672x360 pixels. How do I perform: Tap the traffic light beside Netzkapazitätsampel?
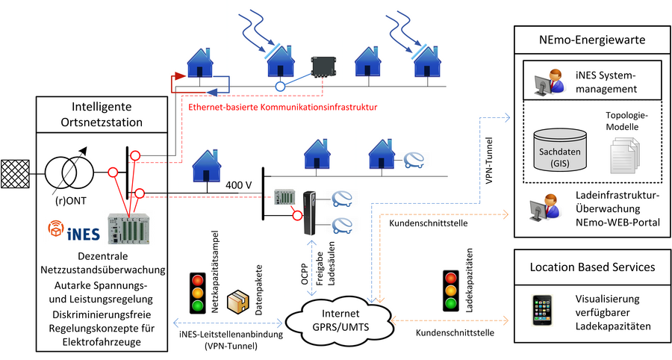tap(197, 291)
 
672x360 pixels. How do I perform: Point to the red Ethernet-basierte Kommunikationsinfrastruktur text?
tap(281, 108)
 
